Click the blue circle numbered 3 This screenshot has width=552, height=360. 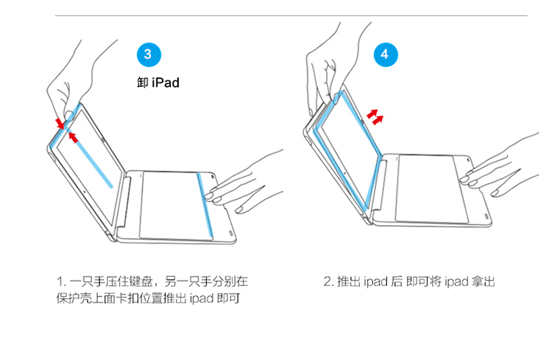coord(149,54)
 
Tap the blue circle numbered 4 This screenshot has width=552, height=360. coord(386,54)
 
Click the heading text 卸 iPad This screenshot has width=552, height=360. coord(158,82)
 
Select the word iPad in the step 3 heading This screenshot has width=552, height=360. coord(166,82)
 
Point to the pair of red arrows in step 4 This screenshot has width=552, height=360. coord(375,117)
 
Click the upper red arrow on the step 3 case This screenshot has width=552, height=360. coord(60,123)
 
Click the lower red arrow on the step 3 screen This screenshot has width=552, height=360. coord(73,137)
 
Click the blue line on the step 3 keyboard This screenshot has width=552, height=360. coord(205,205)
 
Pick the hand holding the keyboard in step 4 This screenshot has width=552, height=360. coord(500,166)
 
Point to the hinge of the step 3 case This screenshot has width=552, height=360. coord(124,202)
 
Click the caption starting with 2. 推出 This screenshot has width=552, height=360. coord(409,282)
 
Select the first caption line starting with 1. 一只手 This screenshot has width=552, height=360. coord(152,281)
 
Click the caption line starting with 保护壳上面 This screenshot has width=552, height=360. coord(148,298)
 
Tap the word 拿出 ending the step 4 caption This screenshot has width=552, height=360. coord(484,282)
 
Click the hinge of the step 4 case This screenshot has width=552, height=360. coord(380,185)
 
